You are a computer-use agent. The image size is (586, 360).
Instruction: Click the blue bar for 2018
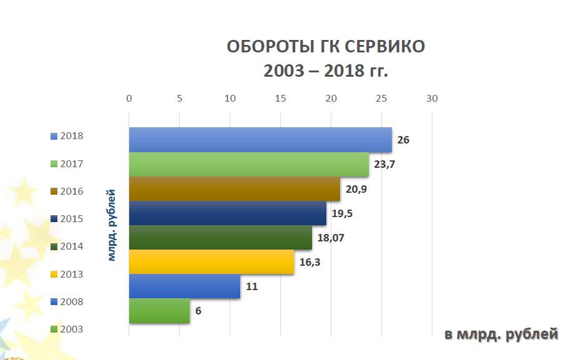(260, 140)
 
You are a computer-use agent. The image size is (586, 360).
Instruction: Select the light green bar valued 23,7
(249, 165)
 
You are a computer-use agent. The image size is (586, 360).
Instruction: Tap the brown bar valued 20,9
(235, 189)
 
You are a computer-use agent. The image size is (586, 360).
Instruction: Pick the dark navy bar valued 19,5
(228, 213)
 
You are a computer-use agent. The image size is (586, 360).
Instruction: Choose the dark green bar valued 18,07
(220, 238)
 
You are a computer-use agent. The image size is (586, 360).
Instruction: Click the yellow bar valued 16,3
(212, 262)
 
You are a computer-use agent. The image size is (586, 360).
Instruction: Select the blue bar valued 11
(185, 286)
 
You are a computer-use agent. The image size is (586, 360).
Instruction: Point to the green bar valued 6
(160, 311)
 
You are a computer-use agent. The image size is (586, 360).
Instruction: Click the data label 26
(403, 140)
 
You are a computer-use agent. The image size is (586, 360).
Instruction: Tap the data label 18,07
(330, 238)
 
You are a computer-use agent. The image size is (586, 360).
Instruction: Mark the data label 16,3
(310, 262)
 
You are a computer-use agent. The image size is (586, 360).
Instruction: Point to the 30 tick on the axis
(432, 98)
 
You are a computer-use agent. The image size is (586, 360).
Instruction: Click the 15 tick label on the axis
(280, 98)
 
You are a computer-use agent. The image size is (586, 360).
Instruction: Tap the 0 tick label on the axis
(129, 98)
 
